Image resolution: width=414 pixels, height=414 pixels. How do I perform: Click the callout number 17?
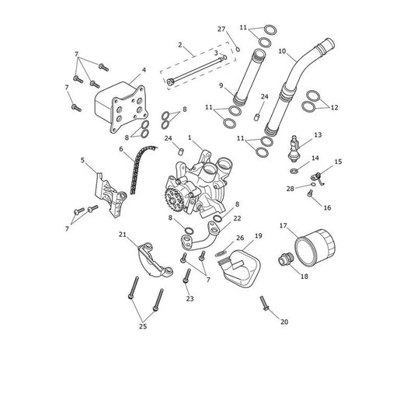283,226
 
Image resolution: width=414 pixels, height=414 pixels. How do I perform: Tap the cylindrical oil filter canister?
315,248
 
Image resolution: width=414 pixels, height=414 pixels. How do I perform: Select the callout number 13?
318,135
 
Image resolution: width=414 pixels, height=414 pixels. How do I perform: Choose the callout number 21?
122,235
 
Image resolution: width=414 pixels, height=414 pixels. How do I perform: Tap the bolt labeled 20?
264,303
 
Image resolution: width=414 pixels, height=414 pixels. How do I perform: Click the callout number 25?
143,326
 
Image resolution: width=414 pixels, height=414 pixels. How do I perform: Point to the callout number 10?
282,51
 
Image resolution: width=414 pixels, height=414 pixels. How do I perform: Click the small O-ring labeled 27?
238,50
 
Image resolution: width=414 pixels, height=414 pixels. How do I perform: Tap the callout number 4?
144,70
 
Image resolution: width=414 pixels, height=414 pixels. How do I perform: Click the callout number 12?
334,108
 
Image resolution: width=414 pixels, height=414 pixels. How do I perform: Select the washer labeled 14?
294,171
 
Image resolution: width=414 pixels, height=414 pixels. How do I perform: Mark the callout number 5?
82,160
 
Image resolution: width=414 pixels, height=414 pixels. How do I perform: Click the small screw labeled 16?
311,193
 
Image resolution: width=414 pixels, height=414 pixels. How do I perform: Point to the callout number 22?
238,218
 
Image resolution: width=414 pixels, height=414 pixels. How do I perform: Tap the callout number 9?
221,85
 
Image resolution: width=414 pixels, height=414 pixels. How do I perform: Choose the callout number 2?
180,44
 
